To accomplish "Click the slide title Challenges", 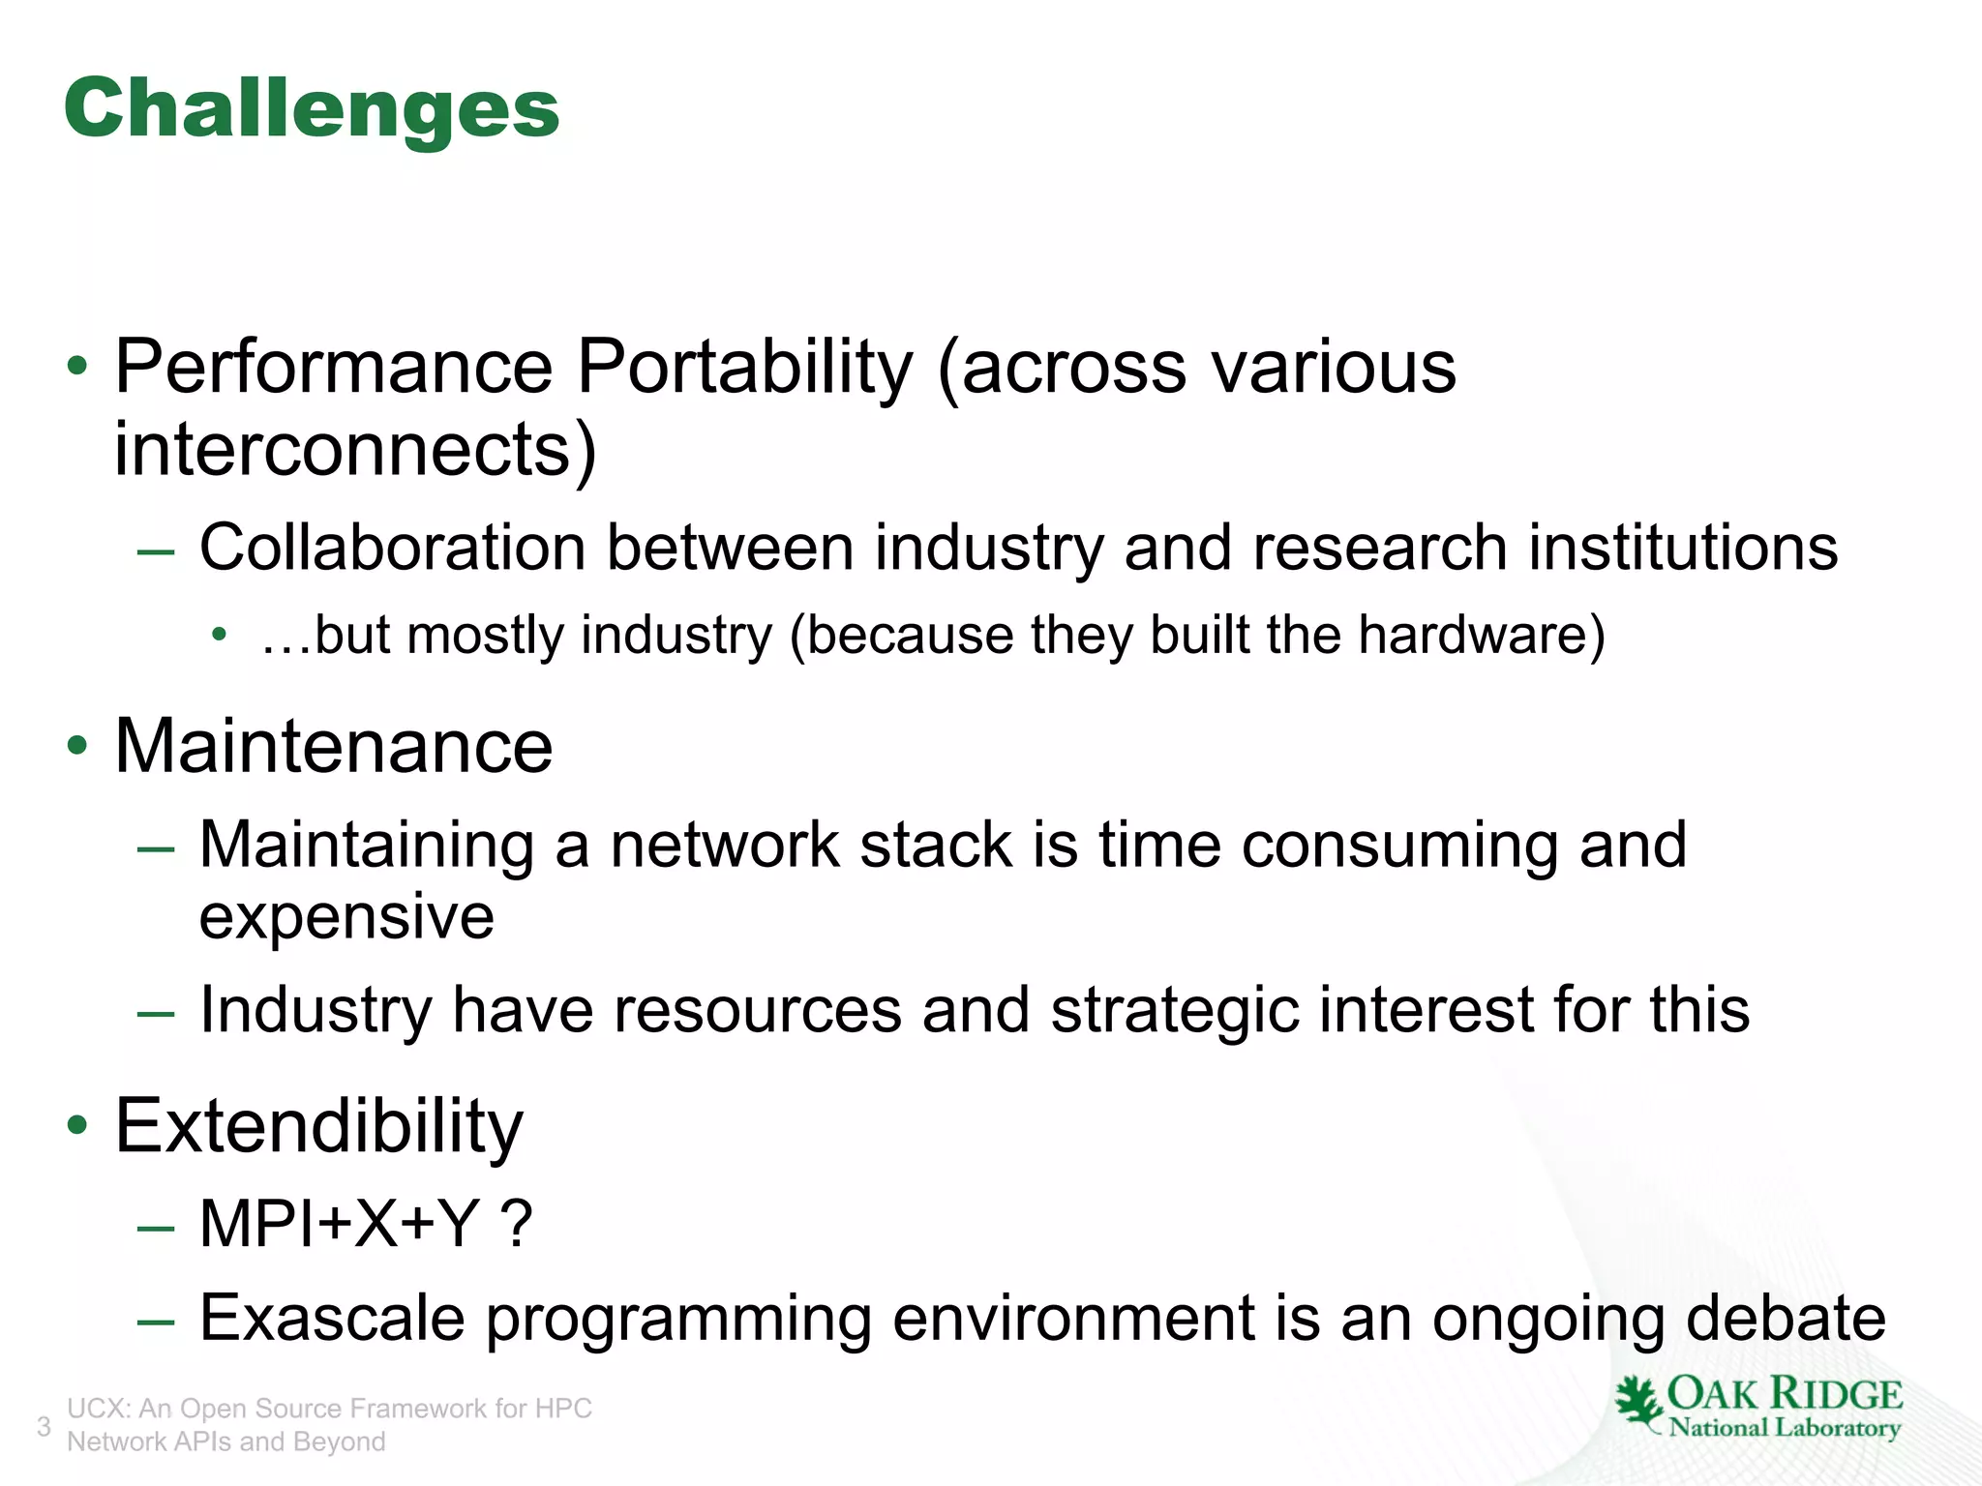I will [312, 109].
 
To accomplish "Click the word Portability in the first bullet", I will [744, 368].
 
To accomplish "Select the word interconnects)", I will [354, 450].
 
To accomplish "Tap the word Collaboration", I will [392, 549].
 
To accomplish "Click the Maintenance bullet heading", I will [333, 747].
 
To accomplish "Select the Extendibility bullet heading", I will [318, 1127].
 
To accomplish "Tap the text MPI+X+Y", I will [339, 1224].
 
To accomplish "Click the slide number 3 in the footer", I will [44, 1426].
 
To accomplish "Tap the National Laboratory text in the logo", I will [1785, 1427].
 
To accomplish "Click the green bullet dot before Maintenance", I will [77, 747].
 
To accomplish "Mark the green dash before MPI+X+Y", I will [156, 1228].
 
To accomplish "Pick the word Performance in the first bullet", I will [333, 368].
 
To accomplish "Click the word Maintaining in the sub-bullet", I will [366, 846].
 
